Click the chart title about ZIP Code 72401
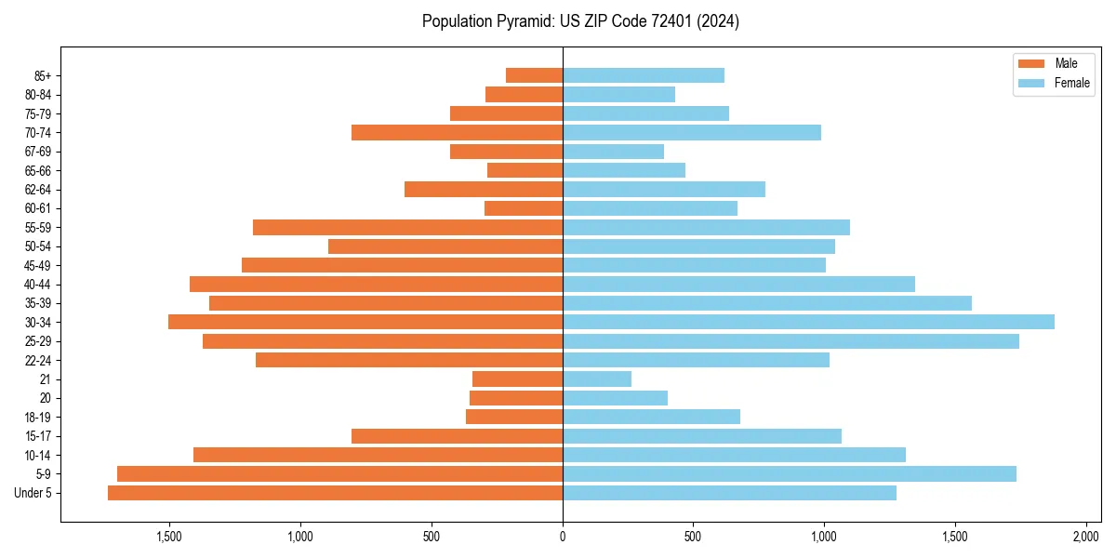[x=580, y=21]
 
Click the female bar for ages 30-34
[x=808, y=322]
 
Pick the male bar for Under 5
[x=335, y=493]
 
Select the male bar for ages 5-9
[x=339, y=473]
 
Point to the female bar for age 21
[x=597, y=379]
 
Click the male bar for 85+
[x=534, y=75]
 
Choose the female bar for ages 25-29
[x=790, y=341]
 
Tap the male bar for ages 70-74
[x=457, y=132]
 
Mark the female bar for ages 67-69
[x=613, y=152]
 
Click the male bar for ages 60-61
[x=524, y=208]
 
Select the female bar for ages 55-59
[x=706, y=227]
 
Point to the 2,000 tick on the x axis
[x=1086, y=537]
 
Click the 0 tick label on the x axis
[x=563, y=537]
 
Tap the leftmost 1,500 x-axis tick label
[x=168, y=537]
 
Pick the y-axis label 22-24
[x=37, y=360]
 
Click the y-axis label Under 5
[x=33, y=493]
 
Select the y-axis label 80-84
[x=37, y=95]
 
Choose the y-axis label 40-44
[x=37, y=285]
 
